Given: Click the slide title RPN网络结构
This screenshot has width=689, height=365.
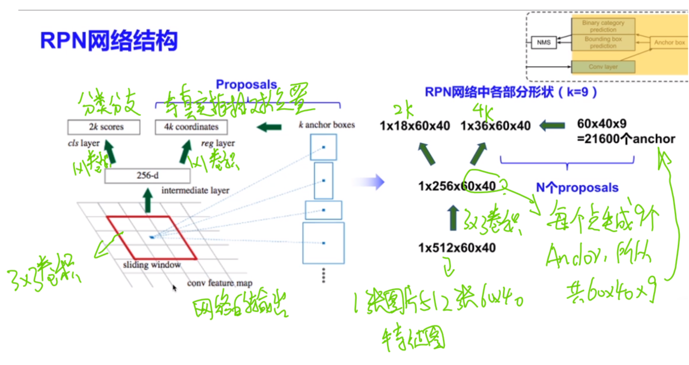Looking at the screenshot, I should (109, 41).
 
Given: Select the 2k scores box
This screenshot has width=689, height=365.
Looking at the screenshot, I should (104, 127).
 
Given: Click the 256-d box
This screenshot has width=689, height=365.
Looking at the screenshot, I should (147, 176).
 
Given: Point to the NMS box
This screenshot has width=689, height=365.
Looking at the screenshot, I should (543, 43).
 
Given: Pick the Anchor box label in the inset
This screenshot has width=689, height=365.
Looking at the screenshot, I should (669, 43).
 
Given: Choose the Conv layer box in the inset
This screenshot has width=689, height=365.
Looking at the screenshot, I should (602, 66).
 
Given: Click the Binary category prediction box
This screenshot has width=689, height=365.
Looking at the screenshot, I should (602, 26).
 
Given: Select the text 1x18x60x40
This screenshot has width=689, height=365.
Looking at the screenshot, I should (414, 125).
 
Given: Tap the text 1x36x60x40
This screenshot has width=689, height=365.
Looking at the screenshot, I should (496, 125).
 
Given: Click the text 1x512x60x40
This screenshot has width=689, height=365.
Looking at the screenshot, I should (457, 247).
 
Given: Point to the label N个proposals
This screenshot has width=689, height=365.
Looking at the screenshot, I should (577, 188).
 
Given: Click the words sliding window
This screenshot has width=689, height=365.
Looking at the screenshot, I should (151, 264).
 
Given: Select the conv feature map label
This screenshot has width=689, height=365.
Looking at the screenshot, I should (219, 283).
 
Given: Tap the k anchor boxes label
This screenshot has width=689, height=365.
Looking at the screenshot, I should (326, 125).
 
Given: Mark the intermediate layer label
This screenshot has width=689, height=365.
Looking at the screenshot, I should (195, 190).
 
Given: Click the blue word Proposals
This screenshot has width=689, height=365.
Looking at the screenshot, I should (246, 85).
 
